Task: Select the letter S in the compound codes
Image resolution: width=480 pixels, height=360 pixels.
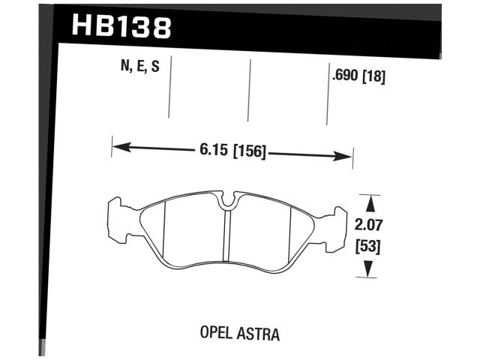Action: pos(155,67)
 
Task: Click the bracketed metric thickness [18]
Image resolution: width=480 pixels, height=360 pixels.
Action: pos(374,76)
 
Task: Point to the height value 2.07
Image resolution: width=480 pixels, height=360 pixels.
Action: pos(369,223)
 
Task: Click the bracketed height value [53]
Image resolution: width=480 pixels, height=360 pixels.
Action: pos(369,245)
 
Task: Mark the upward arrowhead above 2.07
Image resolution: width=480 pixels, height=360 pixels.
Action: pos(369,201)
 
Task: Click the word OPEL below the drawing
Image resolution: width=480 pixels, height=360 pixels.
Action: pos(218,331)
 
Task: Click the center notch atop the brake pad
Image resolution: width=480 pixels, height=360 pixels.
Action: pos(227,200)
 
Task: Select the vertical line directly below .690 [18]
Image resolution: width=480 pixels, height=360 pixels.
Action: pos(327,105)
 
